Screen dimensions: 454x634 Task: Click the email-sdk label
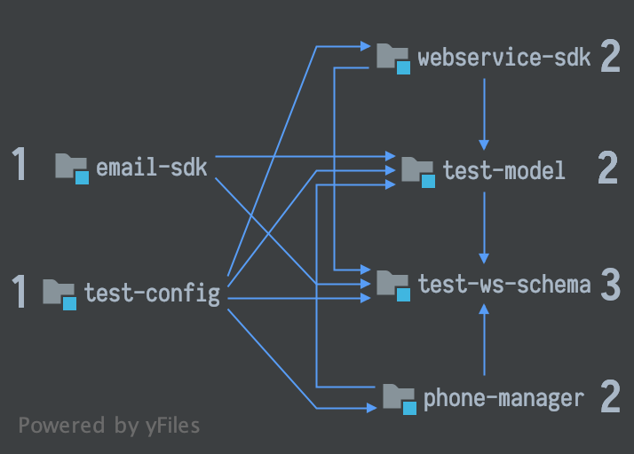151,167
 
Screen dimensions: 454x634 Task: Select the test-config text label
152,292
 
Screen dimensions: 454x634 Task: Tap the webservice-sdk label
504,59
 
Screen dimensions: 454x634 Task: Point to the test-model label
503,170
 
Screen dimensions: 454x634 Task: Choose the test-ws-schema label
504,284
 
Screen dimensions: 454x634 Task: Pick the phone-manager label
503,398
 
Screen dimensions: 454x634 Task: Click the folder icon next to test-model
417,170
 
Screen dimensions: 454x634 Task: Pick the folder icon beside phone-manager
399,398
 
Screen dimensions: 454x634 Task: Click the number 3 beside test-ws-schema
610,284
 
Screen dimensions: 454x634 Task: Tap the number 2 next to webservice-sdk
610,58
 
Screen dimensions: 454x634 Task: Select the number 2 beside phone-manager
610,398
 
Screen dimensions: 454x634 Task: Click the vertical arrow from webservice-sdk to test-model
484,113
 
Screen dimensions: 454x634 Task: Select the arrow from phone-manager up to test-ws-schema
484,341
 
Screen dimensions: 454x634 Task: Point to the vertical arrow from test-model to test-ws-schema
484,227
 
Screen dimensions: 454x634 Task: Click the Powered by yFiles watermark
109,425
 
